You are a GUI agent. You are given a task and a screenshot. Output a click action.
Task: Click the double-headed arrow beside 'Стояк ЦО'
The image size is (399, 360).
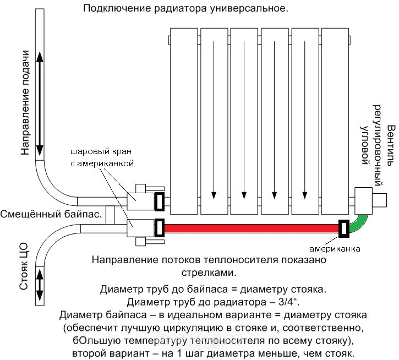pos(40,285)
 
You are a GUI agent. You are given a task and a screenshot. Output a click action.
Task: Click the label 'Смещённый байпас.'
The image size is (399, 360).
pos(51,214)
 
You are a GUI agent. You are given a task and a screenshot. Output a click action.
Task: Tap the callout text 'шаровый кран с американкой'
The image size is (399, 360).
pos(102,157)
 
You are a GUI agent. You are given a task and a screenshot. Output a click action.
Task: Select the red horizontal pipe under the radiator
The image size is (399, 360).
pos(250,227)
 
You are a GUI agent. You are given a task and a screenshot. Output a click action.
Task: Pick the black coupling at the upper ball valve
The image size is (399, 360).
pos(160,201)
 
